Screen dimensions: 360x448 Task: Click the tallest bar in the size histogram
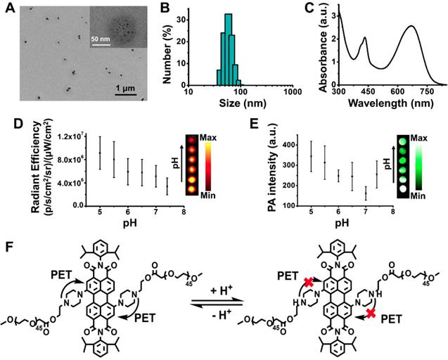(x=228, y=53)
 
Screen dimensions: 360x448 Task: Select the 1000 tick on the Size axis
(x=289, y=92)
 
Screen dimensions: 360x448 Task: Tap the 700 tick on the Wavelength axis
(x=421, y=92)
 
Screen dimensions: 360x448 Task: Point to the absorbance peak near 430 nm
(x=364, y=38)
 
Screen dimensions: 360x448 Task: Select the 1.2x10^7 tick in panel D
(x=73, y=136)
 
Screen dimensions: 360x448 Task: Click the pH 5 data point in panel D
(x=100, y=153)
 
